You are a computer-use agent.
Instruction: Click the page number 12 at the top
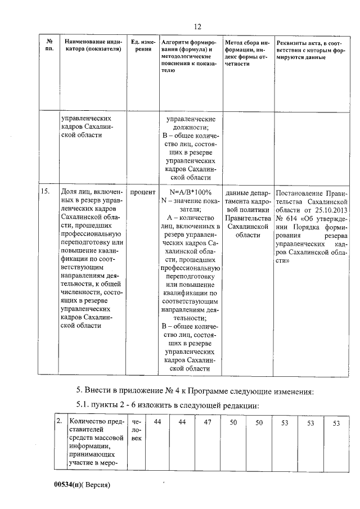(x=197, y=26)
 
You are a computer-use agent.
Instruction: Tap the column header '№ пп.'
(x=49, y=46)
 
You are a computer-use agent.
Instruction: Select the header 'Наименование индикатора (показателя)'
(x=93, y=46)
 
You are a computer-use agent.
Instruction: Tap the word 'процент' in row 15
(x=143, y=192)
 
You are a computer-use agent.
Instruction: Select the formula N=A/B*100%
(x=190, y=192)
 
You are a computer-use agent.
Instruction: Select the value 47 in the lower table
(x=207, y=422)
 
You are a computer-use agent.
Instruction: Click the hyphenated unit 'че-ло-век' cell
(x=137, y=430)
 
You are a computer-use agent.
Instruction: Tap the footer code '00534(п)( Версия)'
(x=80, y=484)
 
